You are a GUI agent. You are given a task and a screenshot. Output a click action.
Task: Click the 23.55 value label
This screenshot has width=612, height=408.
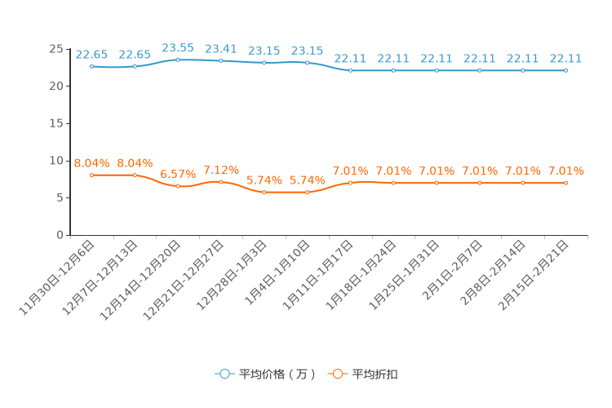(178, 48)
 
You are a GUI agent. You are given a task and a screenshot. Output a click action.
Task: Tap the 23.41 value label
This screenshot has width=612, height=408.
(221, 49)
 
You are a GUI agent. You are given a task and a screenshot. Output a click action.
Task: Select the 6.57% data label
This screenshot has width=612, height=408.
(178, 175)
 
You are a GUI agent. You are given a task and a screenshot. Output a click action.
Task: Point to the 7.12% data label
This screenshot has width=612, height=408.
(221, 170)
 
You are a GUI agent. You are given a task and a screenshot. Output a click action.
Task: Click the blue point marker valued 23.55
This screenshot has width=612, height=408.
(178, 60)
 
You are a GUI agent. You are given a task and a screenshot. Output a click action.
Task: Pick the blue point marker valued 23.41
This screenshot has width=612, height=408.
(221, 60)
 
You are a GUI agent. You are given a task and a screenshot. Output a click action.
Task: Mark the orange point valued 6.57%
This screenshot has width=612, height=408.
(178, 186)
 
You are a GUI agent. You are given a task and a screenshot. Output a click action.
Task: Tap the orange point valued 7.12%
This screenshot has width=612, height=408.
(221, 181)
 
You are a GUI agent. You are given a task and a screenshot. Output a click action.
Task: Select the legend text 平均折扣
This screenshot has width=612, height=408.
(375, 374)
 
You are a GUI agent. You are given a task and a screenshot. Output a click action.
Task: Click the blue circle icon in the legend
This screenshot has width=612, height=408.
(224, 374)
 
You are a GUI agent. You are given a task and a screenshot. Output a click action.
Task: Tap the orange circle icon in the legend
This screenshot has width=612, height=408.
(337, 374)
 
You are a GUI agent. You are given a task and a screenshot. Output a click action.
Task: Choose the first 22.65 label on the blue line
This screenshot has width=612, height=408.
(91, 55)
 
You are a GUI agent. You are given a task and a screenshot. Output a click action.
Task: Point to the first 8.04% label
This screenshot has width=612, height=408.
(91, 163)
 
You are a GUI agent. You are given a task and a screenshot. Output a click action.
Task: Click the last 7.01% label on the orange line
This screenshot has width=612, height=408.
(566, 171)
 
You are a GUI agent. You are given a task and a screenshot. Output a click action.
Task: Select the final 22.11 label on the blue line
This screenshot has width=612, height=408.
(566, 59)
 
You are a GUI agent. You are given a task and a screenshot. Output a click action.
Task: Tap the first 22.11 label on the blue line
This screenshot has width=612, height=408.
(351, 59)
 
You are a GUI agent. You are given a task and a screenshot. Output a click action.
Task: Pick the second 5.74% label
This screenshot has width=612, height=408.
(308, 180)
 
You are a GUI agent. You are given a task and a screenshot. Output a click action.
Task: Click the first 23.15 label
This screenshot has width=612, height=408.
(264, 51)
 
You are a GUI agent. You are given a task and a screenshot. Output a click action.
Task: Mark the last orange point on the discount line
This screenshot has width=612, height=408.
(566, 183)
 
